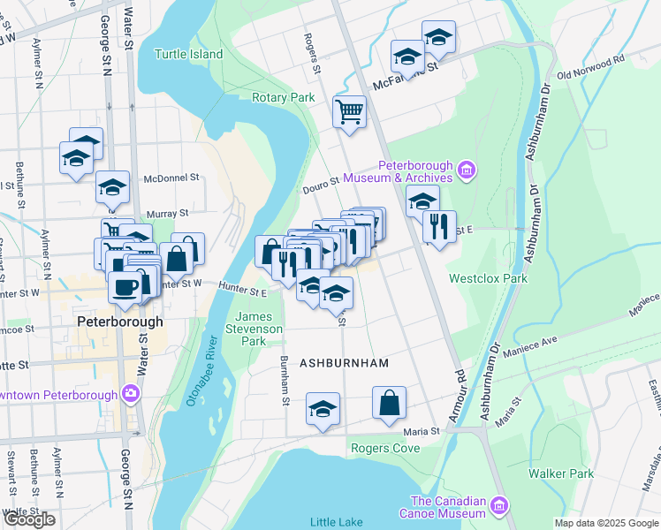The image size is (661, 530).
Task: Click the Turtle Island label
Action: pyautogui.click(x=189, y=54)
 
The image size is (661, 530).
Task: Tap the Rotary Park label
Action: pyautogui.click(x=283, y=97)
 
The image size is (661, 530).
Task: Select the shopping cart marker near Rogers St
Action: pyautogui.click(x=350, y=112)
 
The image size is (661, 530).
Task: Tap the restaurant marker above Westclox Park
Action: pyautogui.click(x=439, y=226)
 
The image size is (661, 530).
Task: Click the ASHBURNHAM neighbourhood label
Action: pyautogui.click(x=344, y=363)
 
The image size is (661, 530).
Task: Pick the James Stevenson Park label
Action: pyautogui.click(x=261, y=329)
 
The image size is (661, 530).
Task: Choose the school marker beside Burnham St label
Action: pyautogui.click(x=323, y=409)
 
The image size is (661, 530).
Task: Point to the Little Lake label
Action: pyautogui.click(x=336, y=521)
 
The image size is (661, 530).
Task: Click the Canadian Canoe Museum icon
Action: pyautogui.click(x=499, y=505)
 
